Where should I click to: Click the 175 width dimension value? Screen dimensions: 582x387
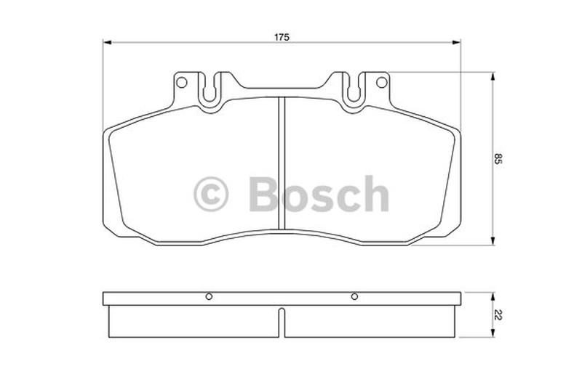(x=282, y=37)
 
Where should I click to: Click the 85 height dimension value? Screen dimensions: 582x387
(x=498, y=159)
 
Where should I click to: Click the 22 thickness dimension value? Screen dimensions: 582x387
(x=498, y=315)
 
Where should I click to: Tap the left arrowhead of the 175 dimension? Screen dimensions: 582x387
(x=107, y=43)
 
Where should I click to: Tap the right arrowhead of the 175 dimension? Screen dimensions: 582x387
(x=456, y=43)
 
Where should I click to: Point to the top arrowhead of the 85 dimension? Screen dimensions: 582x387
(x=493, y=77)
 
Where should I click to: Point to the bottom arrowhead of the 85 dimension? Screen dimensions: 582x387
(x=493, y=240)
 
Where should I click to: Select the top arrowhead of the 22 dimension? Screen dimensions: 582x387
(x=493, y=296)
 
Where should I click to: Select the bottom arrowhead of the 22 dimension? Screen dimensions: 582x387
(x=493, y=333)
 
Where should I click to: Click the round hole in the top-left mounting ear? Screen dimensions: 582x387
(x=181, y=82)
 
